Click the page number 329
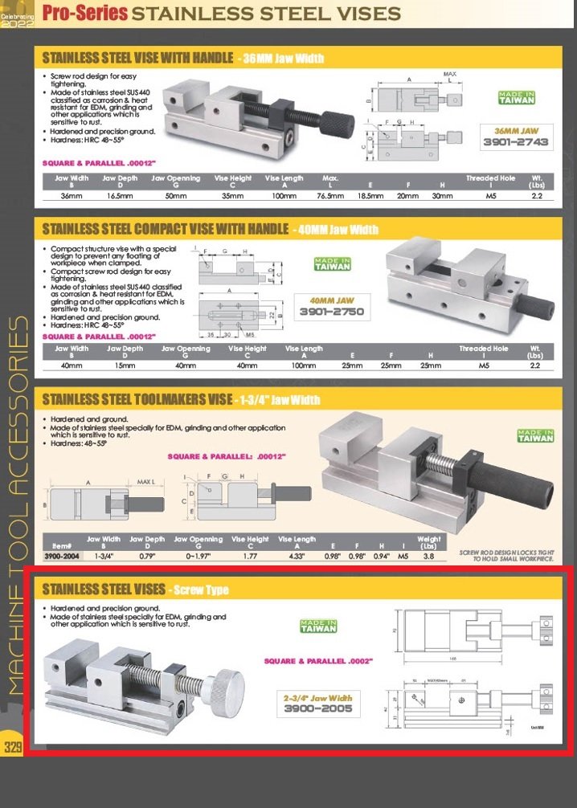coord(12,746)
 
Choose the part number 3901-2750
coord(332,312)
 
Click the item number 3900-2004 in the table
coord(62,554)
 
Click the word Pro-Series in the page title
coord(84,13)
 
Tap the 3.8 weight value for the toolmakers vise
coord(429,554)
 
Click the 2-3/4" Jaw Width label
coord(317,698)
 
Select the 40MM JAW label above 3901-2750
coord(332,299)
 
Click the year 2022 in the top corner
coord(18,24)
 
